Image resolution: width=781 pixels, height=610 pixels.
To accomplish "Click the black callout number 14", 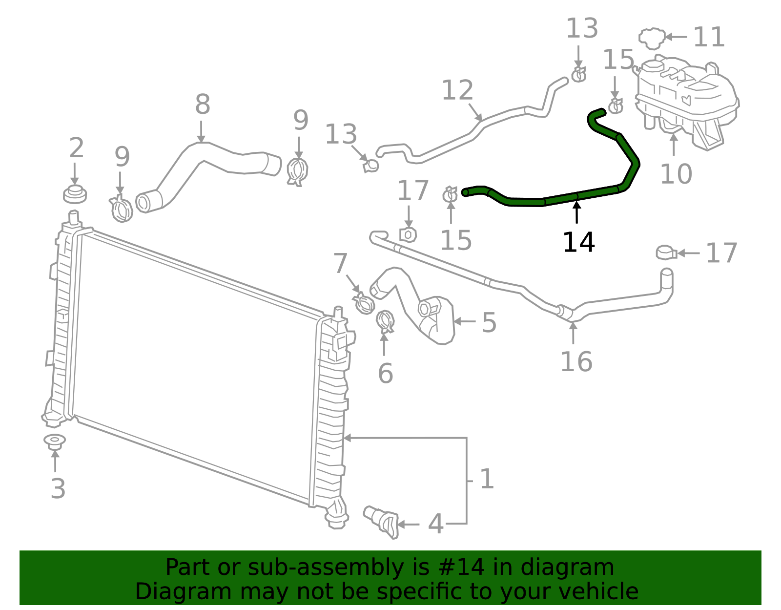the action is pos(578,242).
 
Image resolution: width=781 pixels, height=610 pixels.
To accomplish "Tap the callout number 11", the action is pos(709,37).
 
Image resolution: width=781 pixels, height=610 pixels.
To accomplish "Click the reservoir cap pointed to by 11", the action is pos(652,38).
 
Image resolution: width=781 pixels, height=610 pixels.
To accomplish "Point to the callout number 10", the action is pos(676,174).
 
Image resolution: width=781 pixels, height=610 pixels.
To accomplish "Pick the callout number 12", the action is pos(457,90).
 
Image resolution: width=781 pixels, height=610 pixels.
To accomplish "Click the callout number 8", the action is pos(203,104).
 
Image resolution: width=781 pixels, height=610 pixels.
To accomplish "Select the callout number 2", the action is pos(77,148).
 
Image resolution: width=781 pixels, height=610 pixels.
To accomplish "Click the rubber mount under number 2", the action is pos(75,194).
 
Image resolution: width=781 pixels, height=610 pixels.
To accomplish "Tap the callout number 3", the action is pos(58,488).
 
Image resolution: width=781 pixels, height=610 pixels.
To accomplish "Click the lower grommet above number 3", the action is pos(55,441).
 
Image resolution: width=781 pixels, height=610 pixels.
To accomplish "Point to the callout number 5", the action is pos(489,323).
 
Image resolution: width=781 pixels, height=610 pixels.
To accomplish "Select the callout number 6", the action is pos(385,374).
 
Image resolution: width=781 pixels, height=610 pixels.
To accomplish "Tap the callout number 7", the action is pos(340,263).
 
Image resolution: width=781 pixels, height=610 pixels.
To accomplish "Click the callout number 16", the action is pos(576,362).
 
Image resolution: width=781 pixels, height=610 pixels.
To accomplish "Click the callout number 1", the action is pos(487,479).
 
